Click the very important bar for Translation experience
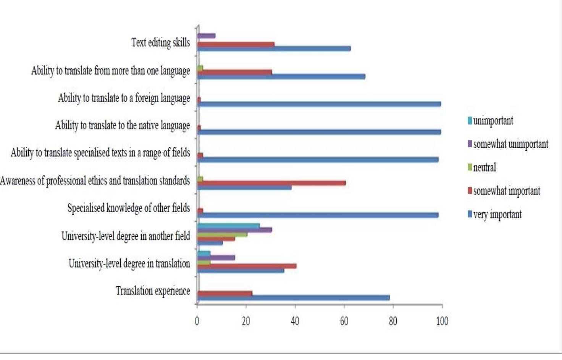pyautogui.click(x=293, y=298)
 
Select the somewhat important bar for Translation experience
pyautogui.click(x=225, y=293)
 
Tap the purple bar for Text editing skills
pyautogui.click(x=207, y=36)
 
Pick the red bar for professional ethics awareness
pyautogui.click(x=271, y=183)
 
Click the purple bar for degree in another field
pyautogui.click(x=234, y=230)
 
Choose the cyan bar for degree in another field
pyautogui.click(x=228, y=226)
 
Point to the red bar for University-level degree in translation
pyautogui.click(x=247, y=266)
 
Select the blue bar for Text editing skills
pyautogui.click(x=274, y=48)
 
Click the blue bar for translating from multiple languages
pyautogui.click(x=281, y=76)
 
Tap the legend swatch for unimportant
pyautogui.click(x=470, y=121)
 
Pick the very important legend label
pyautogui.click(x=497, y=214)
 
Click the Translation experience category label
pyautogui.click(x=153, y=291)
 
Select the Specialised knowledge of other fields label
pyautogui.click(x=129, y=208)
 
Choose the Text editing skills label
pyautogui.click(x=160, y=42)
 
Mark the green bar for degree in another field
pyautogui.click(x=222, y=234)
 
